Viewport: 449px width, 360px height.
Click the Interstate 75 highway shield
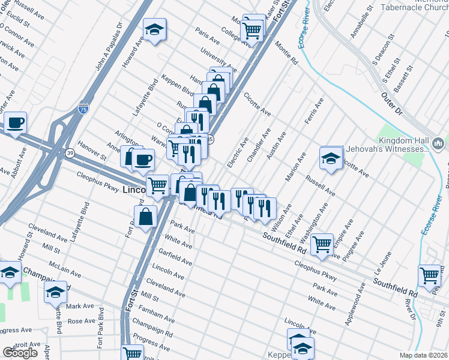point(83,110)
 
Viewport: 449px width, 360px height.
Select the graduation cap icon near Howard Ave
point(155,30)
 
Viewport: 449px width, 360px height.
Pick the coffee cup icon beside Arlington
point(143,160)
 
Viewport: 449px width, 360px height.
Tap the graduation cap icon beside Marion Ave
point(331,158)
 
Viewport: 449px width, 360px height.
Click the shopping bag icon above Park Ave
point(146,217)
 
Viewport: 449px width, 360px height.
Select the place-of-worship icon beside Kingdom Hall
point(438,144)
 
